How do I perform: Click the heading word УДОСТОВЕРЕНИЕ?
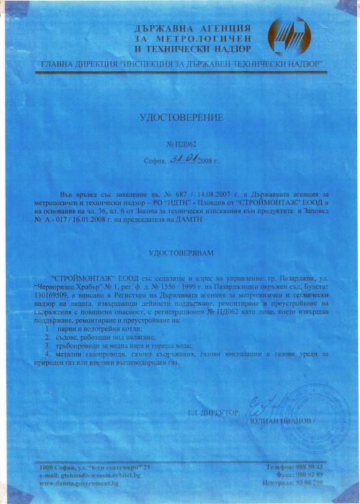(x=180, y=115)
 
